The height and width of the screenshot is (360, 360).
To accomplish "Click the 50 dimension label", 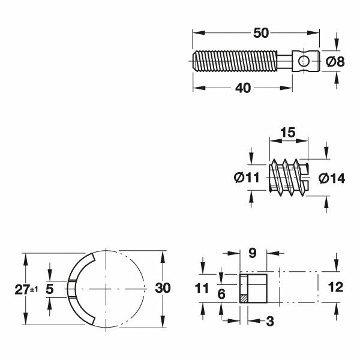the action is click(x=261, y=33).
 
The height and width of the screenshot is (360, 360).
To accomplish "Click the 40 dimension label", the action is click(x=243, y=88).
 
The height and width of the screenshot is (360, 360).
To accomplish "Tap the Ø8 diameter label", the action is click(x=335, y=62).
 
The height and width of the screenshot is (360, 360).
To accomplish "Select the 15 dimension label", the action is click(x=287, y=133).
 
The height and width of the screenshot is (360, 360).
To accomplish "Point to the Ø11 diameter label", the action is click(x=247, y=178).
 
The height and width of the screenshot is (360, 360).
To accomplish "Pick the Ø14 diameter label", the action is click(x=332, y=178).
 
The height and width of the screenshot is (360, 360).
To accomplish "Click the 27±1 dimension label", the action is click(x=26, y=289).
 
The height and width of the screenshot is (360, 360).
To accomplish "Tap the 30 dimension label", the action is click(x=163, y=288).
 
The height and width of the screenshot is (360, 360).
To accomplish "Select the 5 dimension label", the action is click(x=50, y=289).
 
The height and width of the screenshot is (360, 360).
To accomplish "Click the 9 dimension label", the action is click(x=253, y=253).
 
